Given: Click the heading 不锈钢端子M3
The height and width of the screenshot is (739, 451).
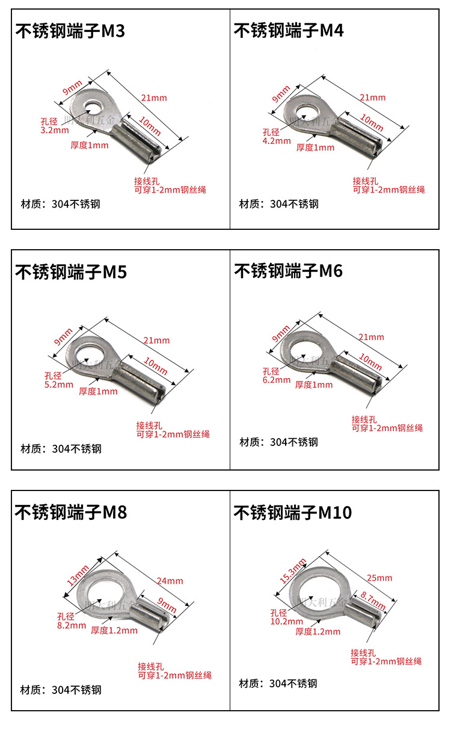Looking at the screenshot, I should [70, 31].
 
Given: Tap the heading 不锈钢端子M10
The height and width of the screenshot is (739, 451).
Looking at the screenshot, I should [293, 513].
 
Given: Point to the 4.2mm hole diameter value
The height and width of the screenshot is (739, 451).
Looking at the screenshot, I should [277, 141].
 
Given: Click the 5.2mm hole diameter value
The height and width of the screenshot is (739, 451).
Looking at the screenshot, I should [58, 384].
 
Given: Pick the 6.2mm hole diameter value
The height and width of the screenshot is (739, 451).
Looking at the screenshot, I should [276, 380].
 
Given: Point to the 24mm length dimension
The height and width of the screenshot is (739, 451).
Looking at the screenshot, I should [170, 581].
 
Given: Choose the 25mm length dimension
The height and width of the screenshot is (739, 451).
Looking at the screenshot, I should [379, 578].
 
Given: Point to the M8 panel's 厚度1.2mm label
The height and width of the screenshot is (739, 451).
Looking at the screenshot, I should [114, 630].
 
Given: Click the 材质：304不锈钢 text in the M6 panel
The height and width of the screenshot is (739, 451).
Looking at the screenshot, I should [278, 442].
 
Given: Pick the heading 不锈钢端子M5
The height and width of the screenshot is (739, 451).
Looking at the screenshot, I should [70, 272].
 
